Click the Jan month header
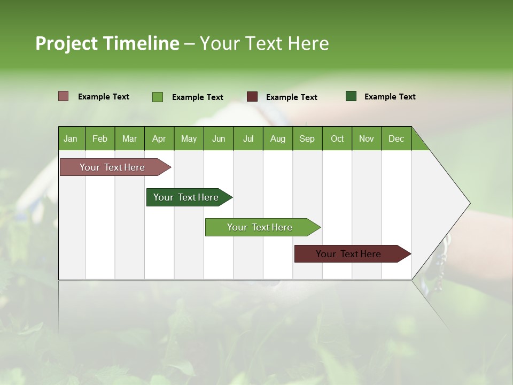(x=71, y=138)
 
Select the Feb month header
(x=100, y=138)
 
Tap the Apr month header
(x=159, y=138)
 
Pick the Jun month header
(x=219, y=138)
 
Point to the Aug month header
(x=277, y=138)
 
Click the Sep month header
(x=307, y=138)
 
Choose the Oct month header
(x=337, y=138)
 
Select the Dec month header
(x=396, y=138)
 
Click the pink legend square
(x=64, y=96)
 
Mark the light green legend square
(x=158, y=97)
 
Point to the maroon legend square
(x=252, y=97)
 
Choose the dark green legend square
(x=351, y=96)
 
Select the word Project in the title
(x=67, y=43)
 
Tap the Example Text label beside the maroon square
(x=292, y=97)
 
